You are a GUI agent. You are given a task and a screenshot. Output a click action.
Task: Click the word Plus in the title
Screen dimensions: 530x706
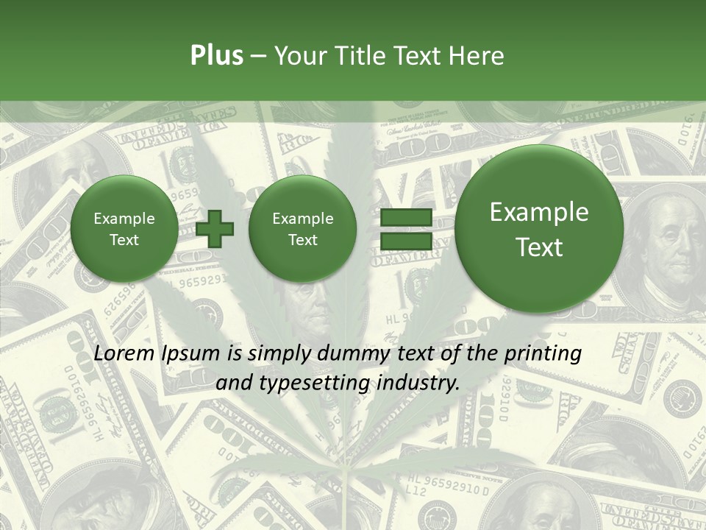[216, 56]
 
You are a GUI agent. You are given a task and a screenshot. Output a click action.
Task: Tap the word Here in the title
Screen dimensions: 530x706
[478, 56]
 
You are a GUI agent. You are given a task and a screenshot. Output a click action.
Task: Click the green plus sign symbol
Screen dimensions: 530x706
[215, 228]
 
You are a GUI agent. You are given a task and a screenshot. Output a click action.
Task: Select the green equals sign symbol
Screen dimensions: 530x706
[405, 228]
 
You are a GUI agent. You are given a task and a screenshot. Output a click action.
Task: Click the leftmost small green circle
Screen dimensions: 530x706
[124, 229]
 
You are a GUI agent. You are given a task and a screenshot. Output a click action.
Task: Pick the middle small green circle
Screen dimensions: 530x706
[302, 229]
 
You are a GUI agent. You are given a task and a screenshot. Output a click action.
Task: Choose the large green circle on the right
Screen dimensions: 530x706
[539, 229]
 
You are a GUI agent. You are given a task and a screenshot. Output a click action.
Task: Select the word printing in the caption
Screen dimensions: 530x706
[543, 354]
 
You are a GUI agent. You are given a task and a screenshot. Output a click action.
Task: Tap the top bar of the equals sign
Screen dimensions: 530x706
[405, 217]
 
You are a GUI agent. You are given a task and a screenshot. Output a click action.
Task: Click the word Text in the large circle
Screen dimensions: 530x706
[539, 247]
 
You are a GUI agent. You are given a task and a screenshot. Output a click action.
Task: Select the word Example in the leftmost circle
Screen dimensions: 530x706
[124, 219]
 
